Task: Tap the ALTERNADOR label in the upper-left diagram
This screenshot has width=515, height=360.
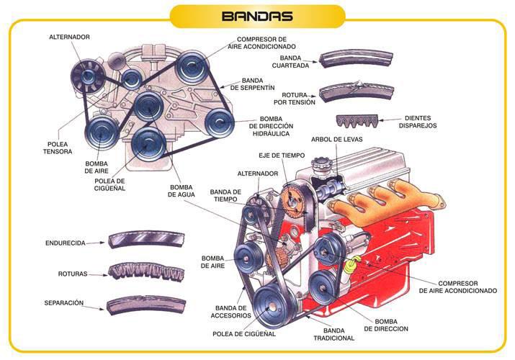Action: tap(69, 36)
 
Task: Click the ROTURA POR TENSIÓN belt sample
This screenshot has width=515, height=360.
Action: tap(356, 91)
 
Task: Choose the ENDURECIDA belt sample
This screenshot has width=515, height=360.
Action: tap(144, 240)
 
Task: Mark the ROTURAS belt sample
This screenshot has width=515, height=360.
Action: tap(145, 272)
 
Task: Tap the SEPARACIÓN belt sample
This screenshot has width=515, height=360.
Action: tap(145, 305)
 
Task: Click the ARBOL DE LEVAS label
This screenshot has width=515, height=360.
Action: tap(337, 139)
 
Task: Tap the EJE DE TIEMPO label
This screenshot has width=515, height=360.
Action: tap(282, 156)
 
